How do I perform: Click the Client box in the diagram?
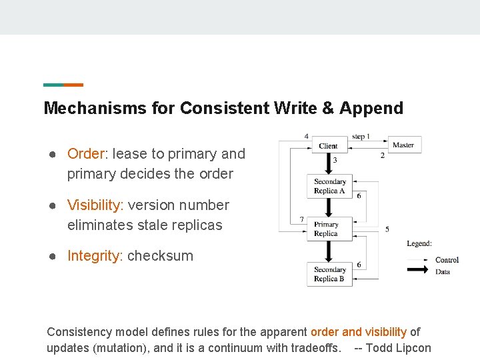point(328,145)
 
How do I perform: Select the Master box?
point(403,145)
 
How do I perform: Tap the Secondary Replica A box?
point(329,186)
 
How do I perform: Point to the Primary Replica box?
point(326,229)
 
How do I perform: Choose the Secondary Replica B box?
point(329,274)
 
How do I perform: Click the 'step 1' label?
point(361,136)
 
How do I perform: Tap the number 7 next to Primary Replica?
point(302,219)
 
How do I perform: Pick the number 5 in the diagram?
point(387,229)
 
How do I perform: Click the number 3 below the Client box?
point(335,160)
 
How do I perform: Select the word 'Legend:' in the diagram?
point(419,243)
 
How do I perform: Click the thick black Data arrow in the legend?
point(417,270)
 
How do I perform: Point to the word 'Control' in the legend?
point(447,260)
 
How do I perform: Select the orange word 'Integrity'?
point(94,256)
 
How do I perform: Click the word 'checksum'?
point(160,256)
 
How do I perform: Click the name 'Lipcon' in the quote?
point(413,348)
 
